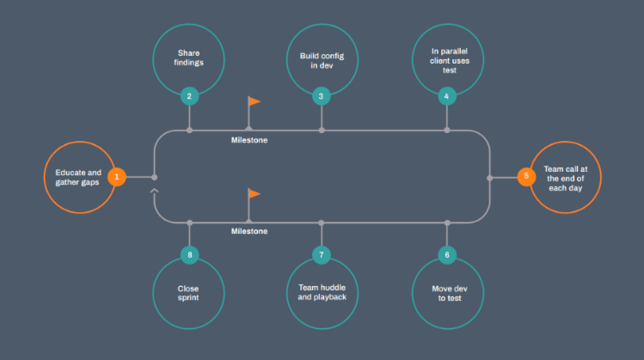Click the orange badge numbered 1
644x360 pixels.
(x=118, y=177)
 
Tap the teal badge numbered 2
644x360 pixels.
(x=189, y=96)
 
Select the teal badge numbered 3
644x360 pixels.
(x=321, y=96)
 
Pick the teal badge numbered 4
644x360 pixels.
(x=447, y=96)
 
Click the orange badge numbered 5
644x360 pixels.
(x=525, y=177)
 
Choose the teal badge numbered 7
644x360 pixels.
(x=321, y=255)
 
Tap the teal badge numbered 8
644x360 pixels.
(x=189, y=255)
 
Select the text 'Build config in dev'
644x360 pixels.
(x=321, y=61)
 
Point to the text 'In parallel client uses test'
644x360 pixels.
(x=447, y=61)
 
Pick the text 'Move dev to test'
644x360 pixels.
(x=447, y=294)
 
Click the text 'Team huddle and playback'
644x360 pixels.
(x=321, y=294)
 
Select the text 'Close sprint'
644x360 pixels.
(x=189, y=294)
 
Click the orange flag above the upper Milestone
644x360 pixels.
(x=254, y=101)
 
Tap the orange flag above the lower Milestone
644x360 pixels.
(x=254, y=193)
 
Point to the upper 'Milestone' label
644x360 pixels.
(x=249, y=140)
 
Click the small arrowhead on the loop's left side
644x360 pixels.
(x=155, y=192)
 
